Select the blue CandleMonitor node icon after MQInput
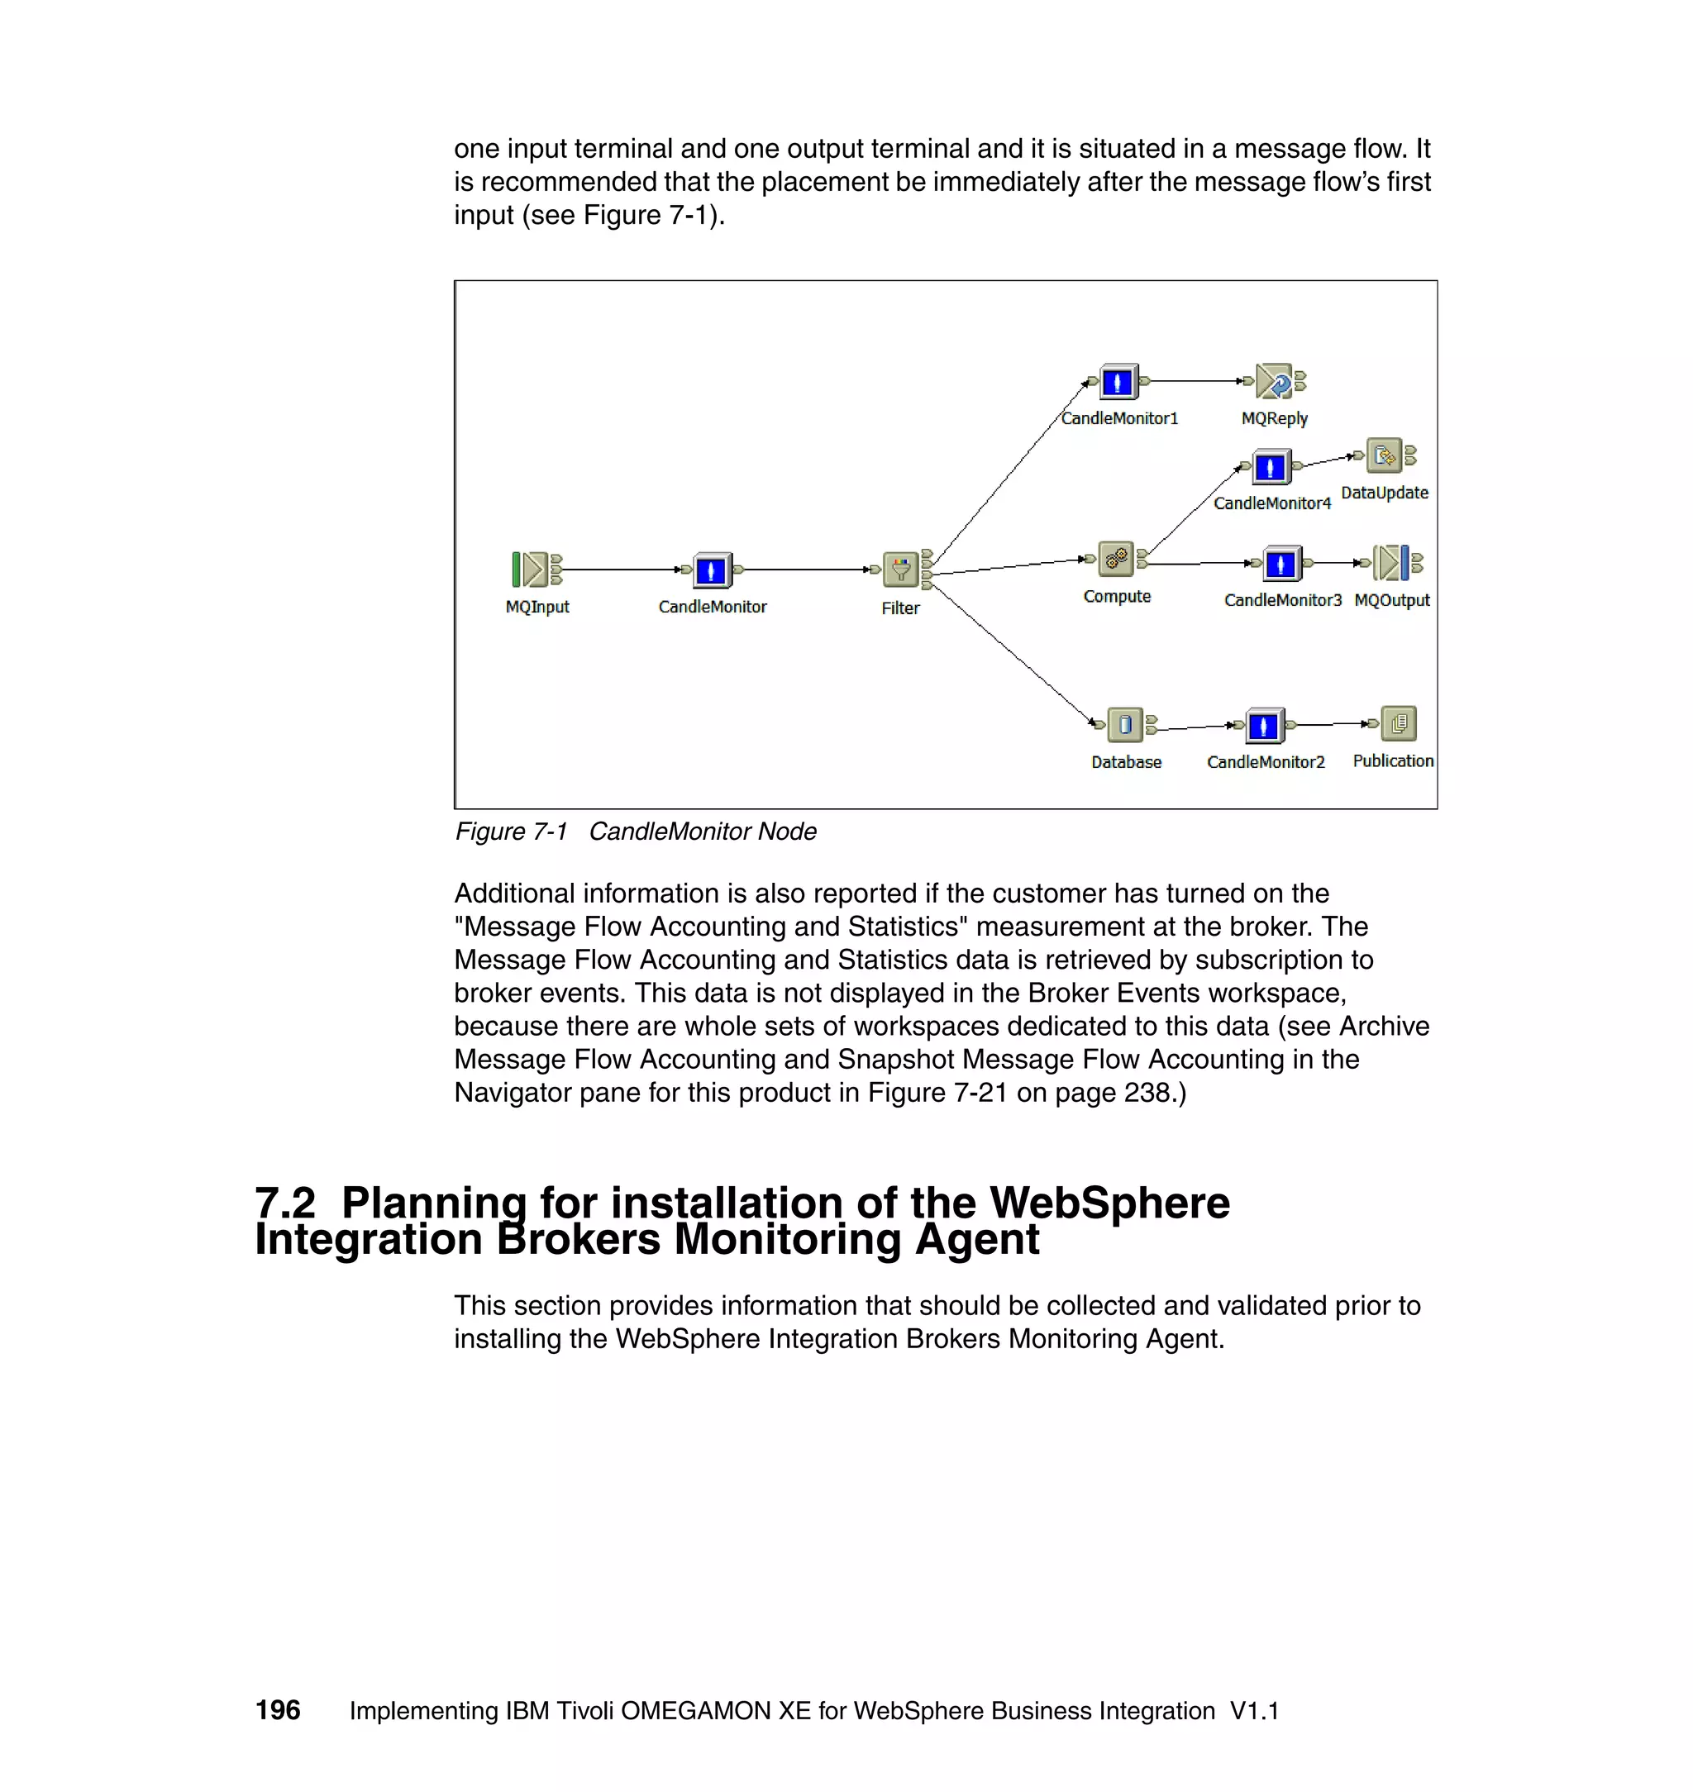click(711, 570)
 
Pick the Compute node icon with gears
click(1116, 560)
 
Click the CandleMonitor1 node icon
click(1118, 382)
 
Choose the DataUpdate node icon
click(1385, 455)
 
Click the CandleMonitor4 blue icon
click(1270, 467)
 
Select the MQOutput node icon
click(1391, 563)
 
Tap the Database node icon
click(1124, 723)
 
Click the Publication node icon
click(1399, 722)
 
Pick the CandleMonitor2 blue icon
click(1263, 726)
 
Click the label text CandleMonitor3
click(1282, 600)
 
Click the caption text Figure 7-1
click(511, 831)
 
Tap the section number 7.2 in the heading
click(285, 1203)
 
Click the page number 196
click(278, 1710)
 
